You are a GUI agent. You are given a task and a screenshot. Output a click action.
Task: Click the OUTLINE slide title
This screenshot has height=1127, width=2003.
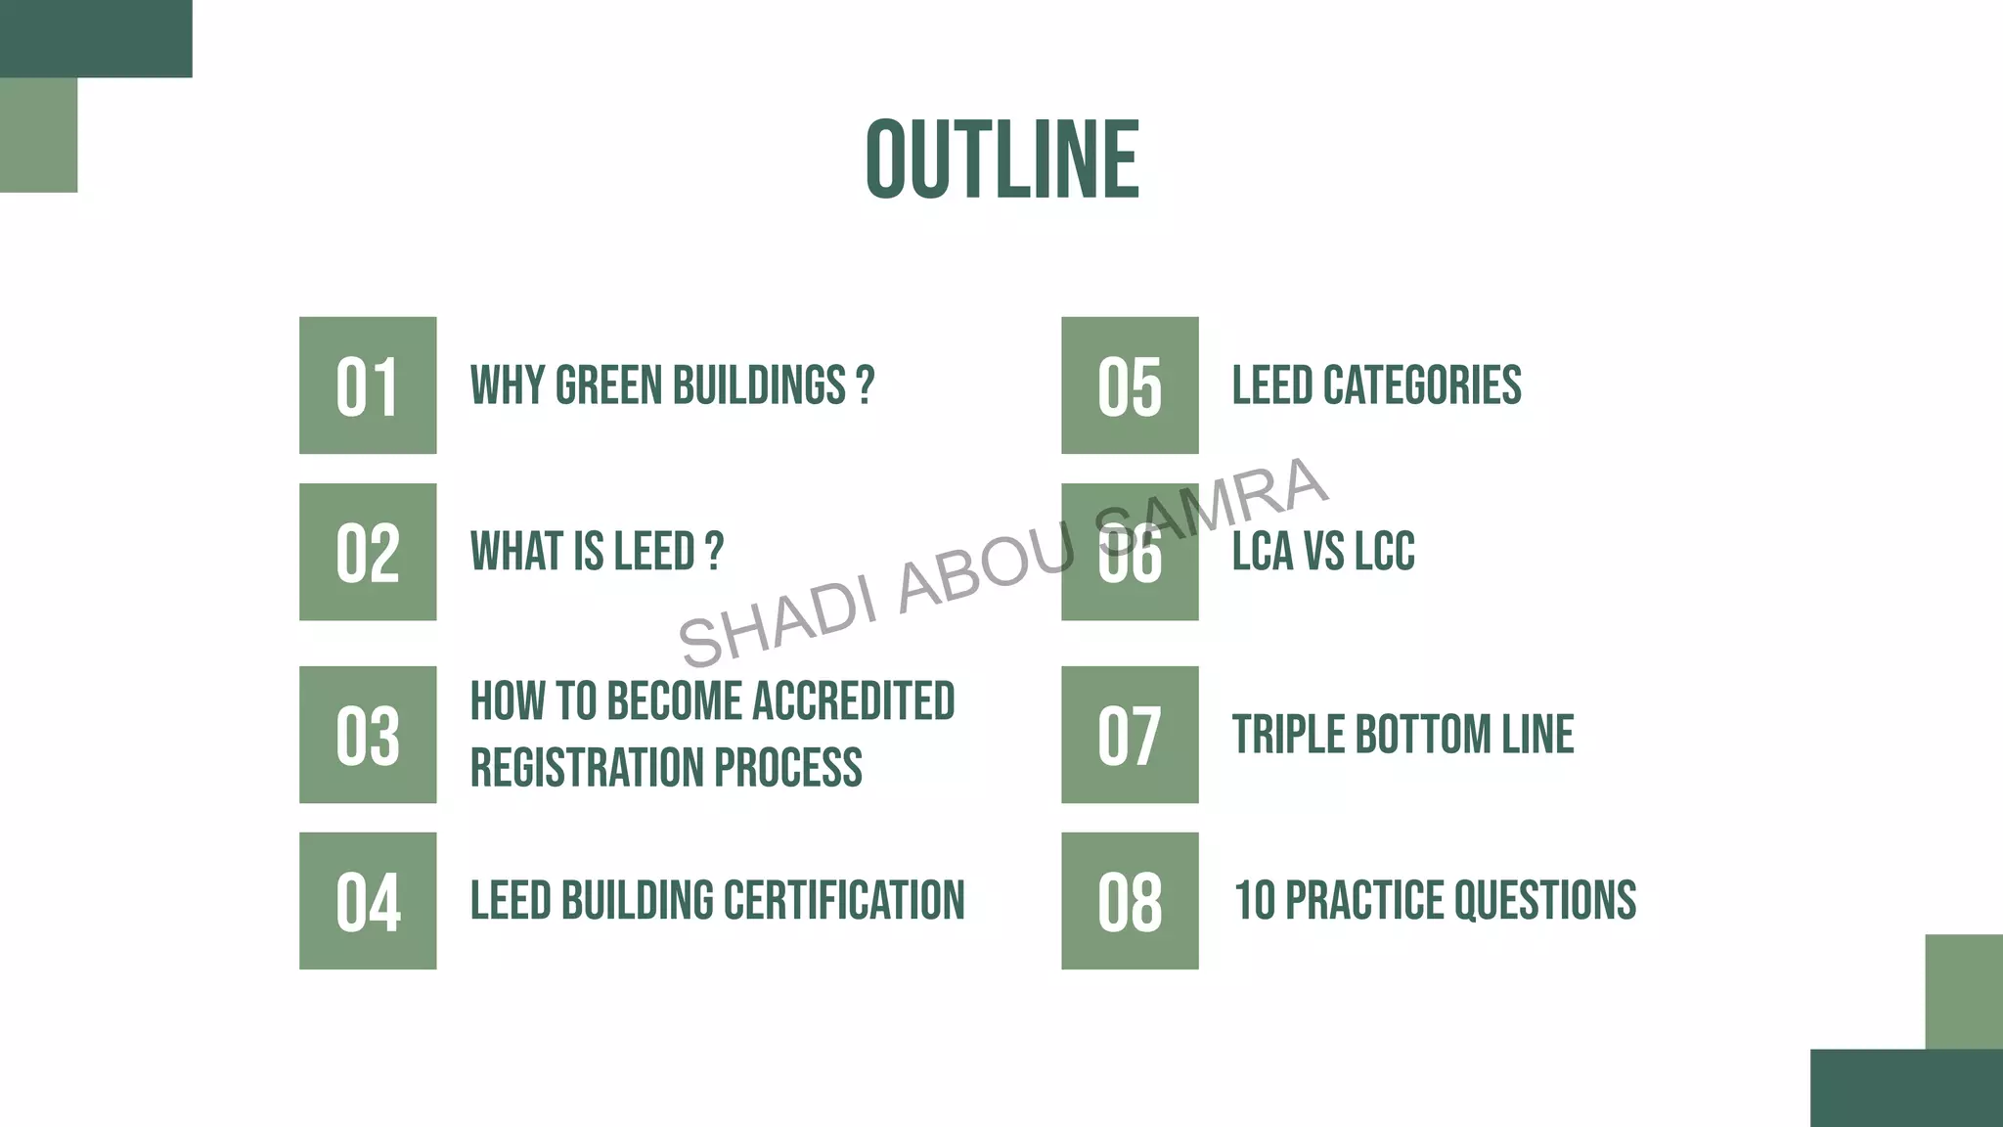(1002, 159)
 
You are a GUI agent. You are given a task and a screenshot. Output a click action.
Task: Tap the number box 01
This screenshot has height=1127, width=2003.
(368, 385)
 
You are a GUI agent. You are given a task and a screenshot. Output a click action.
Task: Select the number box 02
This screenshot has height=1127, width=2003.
(368, 552)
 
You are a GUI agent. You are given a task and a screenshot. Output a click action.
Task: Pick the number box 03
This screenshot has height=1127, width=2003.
(368, 735)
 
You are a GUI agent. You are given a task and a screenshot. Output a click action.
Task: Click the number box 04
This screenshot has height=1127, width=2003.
(368, 901)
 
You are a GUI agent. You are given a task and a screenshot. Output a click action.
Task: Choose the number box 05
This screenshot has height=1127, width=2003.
(1130, 385)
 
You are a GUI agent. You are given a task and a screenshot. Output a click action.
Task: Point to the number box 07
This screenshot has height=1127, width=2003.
(1130, 735)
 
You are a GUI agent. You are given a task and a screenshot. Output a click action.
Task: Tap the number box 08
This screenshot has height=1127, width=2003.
(1130, 901)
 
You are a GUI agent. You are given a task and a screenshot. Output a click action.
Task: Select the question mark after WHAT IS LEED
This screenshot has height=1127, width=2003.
(714, 552)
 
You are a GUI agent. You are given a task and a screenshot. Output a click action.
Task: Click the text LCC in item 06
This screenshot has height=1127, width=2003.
(1384, 552)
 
